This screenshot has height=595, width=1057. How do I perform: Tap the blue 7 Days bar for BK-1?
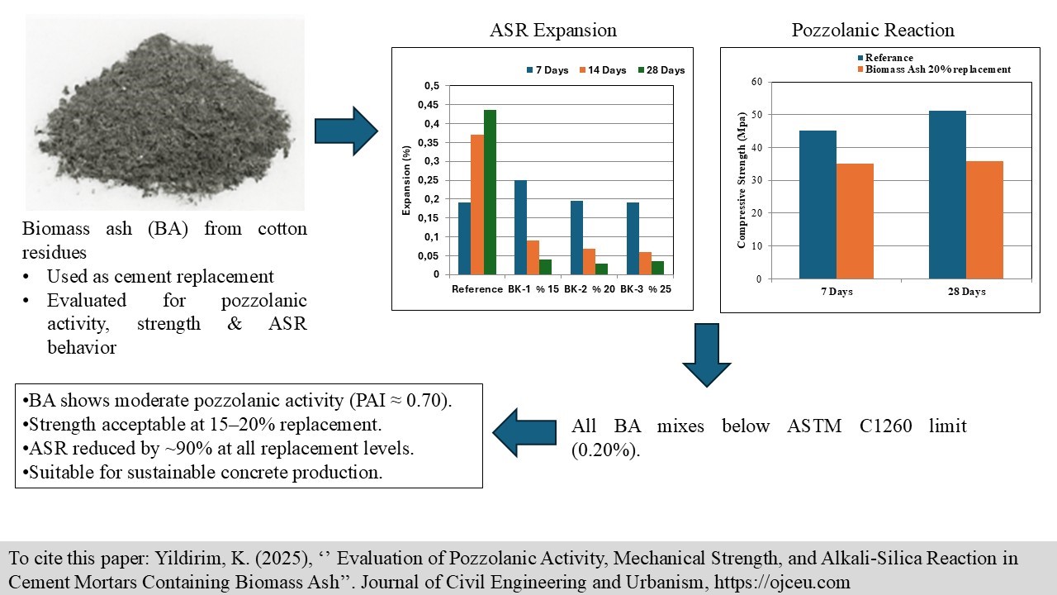[520, 227]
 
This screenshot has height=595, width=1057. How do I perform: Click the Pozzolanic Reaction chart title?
[873, 31]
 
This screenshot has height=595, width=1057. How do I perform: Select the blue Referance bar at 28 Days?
[947, 194]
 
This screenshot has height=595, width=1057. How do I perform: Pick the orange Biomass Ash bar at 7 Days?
[855, 221]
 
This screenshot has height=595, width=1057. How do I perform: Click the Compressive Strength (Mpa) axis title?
[741, 180]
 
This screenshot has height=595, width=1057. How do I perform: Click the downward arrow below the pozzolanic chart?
[706, 355]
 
